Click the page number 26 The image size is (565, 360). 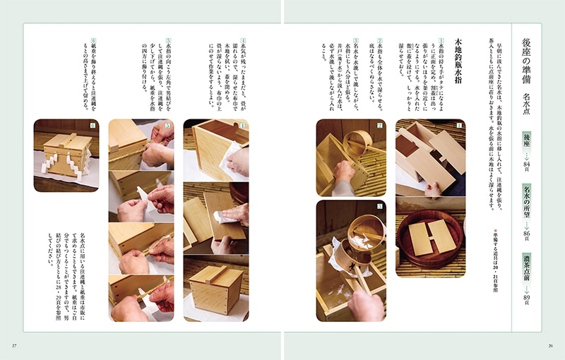550,345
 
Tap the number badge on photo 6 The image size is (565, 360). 91,126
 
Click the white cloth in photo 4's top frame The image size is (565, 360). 230,154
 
